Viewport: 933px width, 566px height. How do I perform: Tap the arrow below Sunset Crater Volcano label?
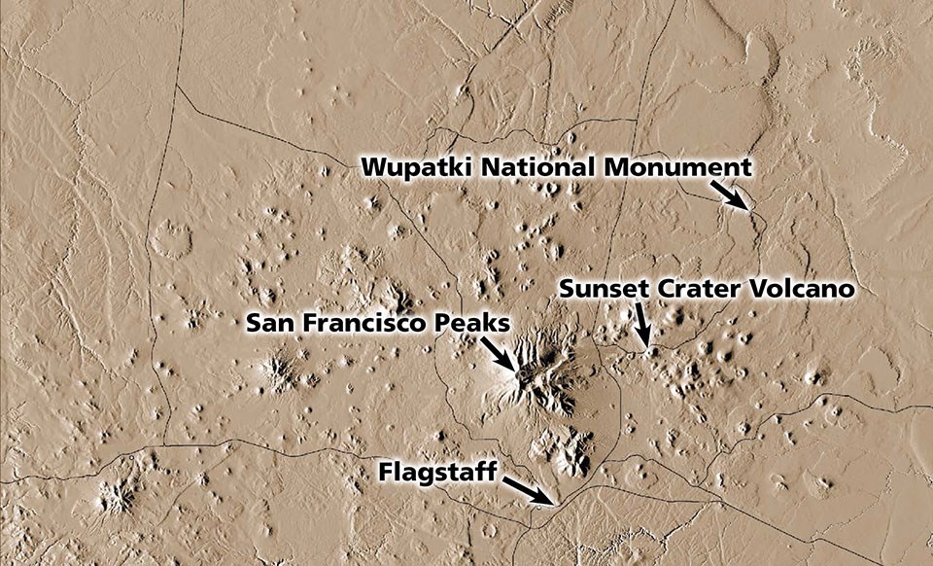[x=640, y=323]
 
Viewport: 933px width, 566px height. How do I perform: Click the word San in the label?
[x=266, y=321]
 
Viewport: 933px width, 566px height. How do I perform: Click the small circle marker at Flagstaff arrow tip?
[x=540, y=505]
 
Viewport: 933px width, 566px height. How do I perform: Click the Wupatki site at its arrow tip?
[x=749, y=208]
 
